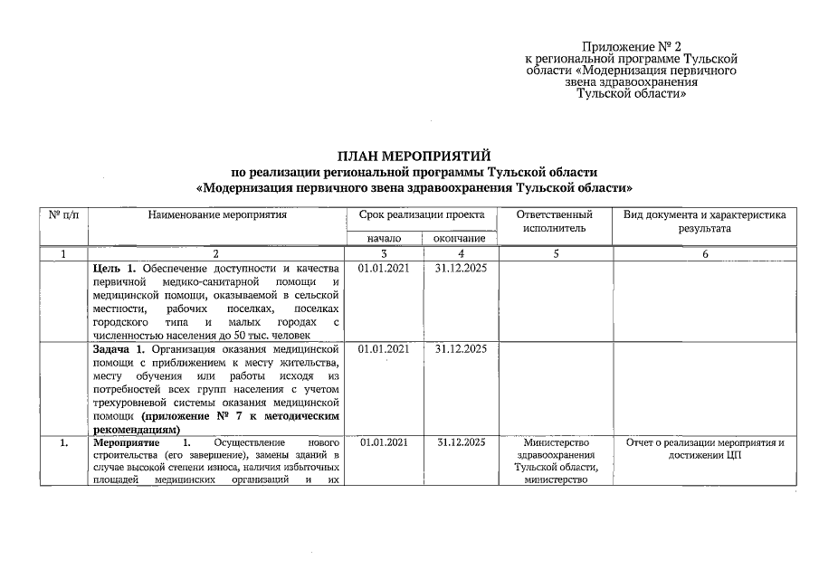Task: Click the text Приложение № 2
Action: click(631, 46)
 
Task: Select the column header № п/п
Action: click(63, 215)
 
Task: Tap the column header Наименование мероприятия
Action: click(217, 215)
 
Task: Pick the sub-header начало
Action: click(384, 238)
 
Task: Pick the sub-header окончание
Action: click(460, 238)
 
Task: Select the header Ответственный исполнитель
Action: click(555, 222)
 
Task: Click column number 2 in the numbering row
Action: click(217, 254)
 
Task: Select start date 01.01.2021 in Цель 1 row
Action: click(384, 270)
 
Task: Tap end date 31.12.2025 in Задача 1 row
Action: click(461, 348)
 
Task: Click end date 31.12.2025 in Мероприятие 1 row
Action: click(461, 442)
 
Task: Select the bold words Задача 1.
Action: click(119, 348)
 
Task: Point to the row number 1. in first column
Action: click(63, 442)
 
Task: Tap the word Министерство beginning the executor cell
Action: click(555, 442)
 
